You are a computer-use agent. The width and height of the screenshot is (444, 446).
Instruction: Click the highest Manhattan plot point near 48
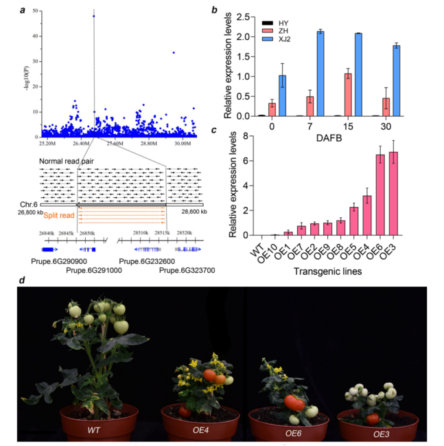(x=94, y=16)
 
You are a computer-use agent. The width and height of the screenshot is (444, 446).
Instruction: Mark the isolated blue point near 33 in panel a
(x=174, y=52)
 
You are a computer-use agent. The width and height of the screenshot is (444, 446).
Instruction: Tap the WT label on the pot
(x=95, y=430)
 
